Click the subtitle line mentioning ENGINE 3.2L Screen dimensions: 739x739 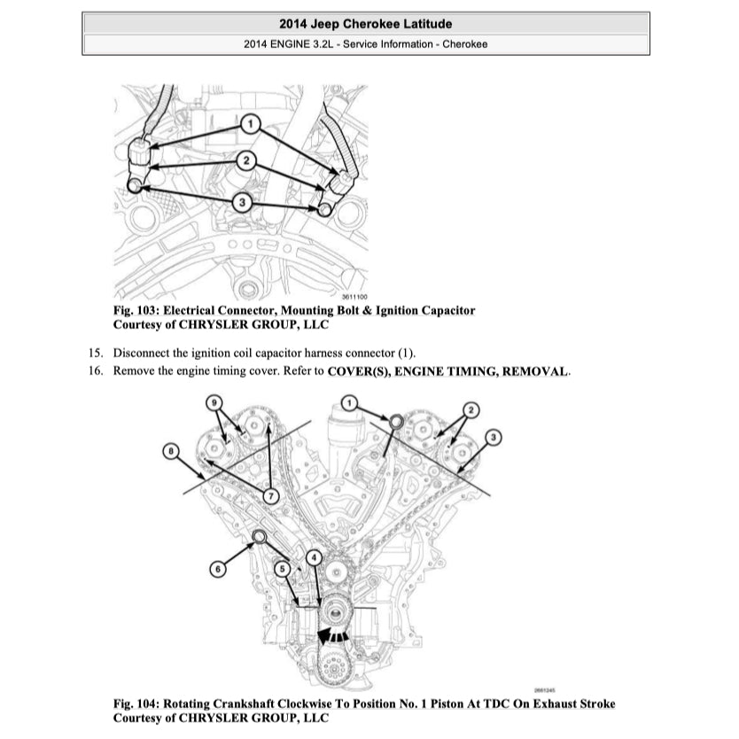pos(365,44)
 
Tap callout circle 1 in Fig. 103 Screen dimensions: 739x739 pos(251,123)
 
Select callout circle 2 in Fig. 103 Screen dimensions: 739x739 pos(247,161)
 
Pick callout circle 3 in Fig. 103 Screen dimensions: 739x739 pos(242,203)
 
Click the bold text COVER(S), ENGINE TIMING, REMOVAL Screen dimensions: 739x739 pos(447,370)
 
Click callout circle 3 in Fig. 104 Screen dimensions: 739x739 pos(494,436)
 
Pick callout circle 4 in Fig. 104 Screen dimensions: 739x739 pos(313,557)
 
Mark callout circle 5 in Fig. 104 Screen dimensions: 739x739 pos(283,569)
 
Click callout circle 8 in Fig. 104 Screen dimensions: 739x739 pos(172,452)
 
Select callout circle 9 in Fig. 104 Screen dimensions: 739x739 pos(214,403)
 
